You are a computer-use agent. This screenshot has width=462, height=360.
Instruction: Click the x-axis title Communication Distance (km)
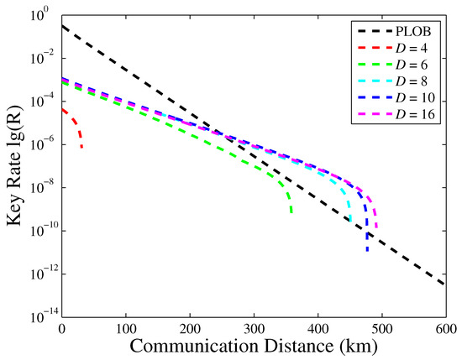click(254, 345)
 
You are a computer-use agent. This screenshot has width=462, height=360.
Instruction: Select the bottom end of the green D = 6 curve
click(291, 212)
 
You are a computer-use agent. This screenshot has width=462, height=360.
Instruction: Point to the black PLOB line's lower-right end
click(444, 284)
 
